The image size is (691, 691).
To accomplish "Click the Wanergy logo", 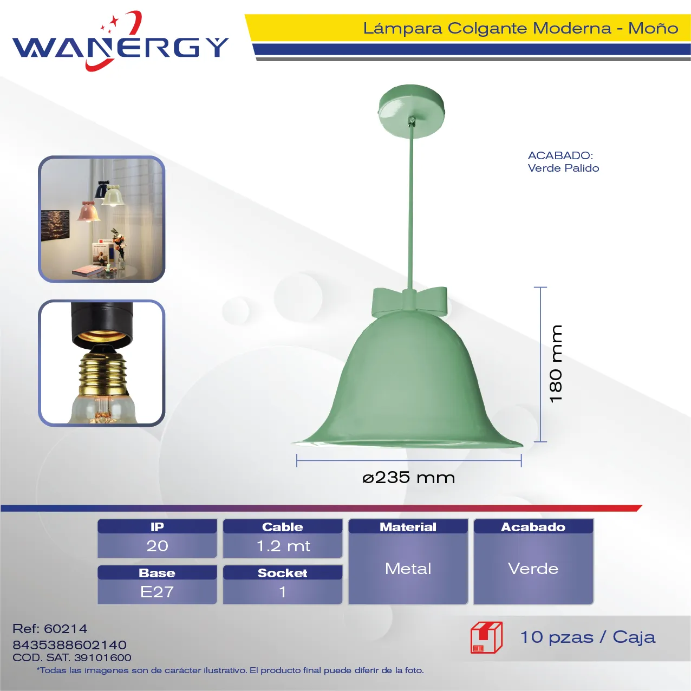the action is (120, 41).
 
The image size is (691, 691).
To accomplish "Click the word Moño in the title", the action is (653, 28).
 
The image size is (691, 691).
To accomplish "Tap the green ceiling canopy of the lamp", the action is (412, 110).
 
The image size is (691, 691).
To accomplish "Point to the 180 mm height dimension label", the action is (556, 363).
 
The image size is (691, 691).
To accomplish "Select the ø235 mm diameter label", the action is (408, 478).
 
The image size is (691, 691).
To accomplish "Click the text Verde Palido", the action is (563, 168).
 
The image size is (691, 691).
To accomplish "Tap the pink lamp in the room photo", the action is (88, 212).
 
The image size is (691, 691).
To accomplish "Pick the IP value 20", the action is (157, 546).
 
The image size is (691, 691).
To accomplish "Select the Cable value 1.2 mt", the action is (283, 546).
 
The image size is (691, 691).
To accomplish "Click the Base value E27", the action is (157, 592).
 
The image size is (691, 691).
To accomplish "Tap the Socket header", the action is (283, 572).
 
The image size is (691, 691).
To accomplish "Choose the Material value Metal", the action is (408, 569).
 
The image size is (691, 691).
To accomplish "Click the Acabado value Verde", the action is (533, 569).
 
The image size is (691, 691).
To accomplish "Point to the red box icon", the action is (486, 637).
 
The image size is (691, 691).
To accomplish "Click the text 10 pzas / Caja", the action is (588, 637).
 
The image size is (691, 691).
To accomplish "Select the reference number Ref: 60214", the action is (50, 629).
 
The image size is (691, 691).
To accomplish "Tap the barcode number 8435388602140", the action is (69, 645).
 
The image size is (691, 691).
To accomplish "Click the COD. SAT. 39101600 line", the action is (71, 657).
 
